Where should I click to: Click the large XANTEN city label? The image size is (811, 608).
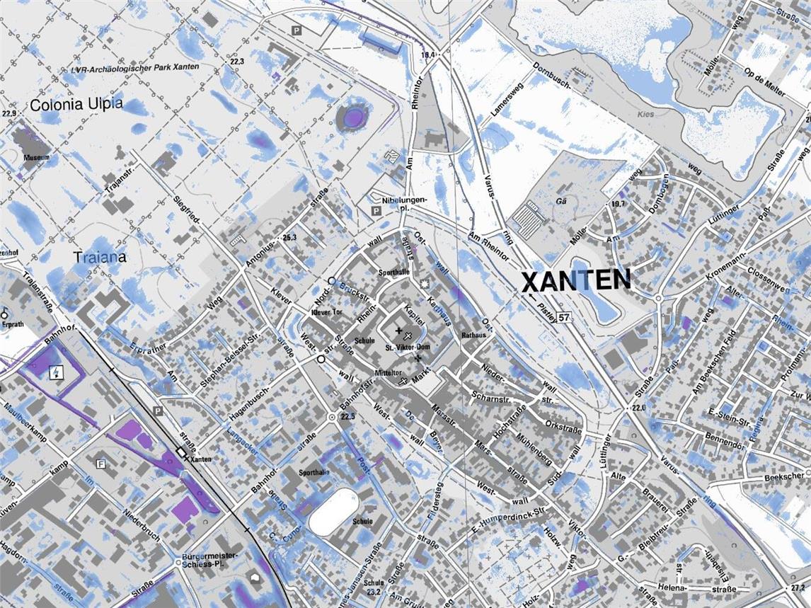tap(575, 281)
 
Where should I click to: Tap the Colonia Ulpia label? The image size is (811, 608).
tap(76, 105)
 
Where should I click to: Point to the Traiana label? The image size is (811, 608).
tap(100, 257)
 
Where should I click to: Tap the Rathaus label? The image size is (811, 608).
tap(473, 334)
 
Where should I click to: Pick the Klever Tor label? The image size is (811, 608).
tap(326, 311)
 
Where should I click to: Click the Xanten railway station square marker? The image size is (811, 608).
tap(182, 452)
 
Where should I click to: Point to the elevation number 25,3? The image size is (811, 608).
tap(289, 237)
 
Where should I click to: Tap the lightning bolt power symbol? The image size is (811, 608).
tap(54, 372)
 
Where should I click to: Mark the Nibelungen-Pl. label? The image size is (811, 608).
tap(403, 205)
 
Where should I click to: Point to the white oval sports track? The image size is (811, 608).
tap(333, 508)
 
